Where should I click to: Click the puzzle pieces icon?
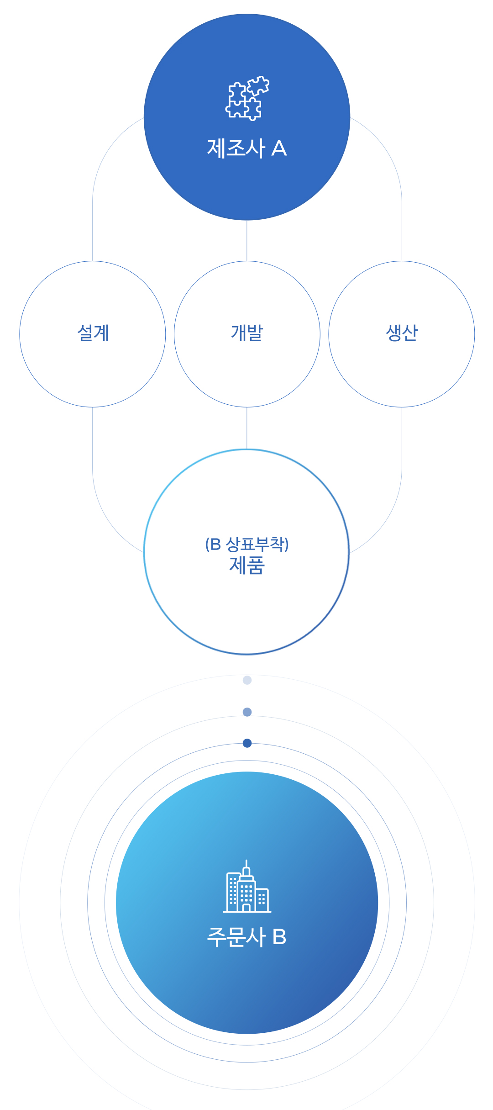247,98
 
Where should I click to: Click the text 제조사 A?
247,148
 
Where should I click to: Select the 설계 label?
93,333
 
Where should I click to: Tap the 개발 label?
247,333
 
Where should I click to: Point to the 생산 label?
402,333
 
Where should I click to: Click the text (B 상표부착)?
247,544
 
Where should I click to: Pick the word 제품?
247,565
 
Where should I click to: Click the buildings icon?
247,886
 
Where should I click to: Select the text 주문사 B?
247,936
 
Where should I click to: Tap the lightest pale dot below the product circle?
247,680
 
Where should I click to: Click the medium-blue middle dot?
247,712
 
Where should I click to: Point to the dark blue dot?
247,743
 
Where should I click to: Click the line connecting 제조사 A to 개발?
247,241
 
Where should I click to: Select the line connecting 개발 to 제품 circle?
247,428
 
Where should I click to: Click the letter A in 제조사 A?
279,148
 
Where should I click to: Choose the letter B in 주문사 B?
279,937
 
